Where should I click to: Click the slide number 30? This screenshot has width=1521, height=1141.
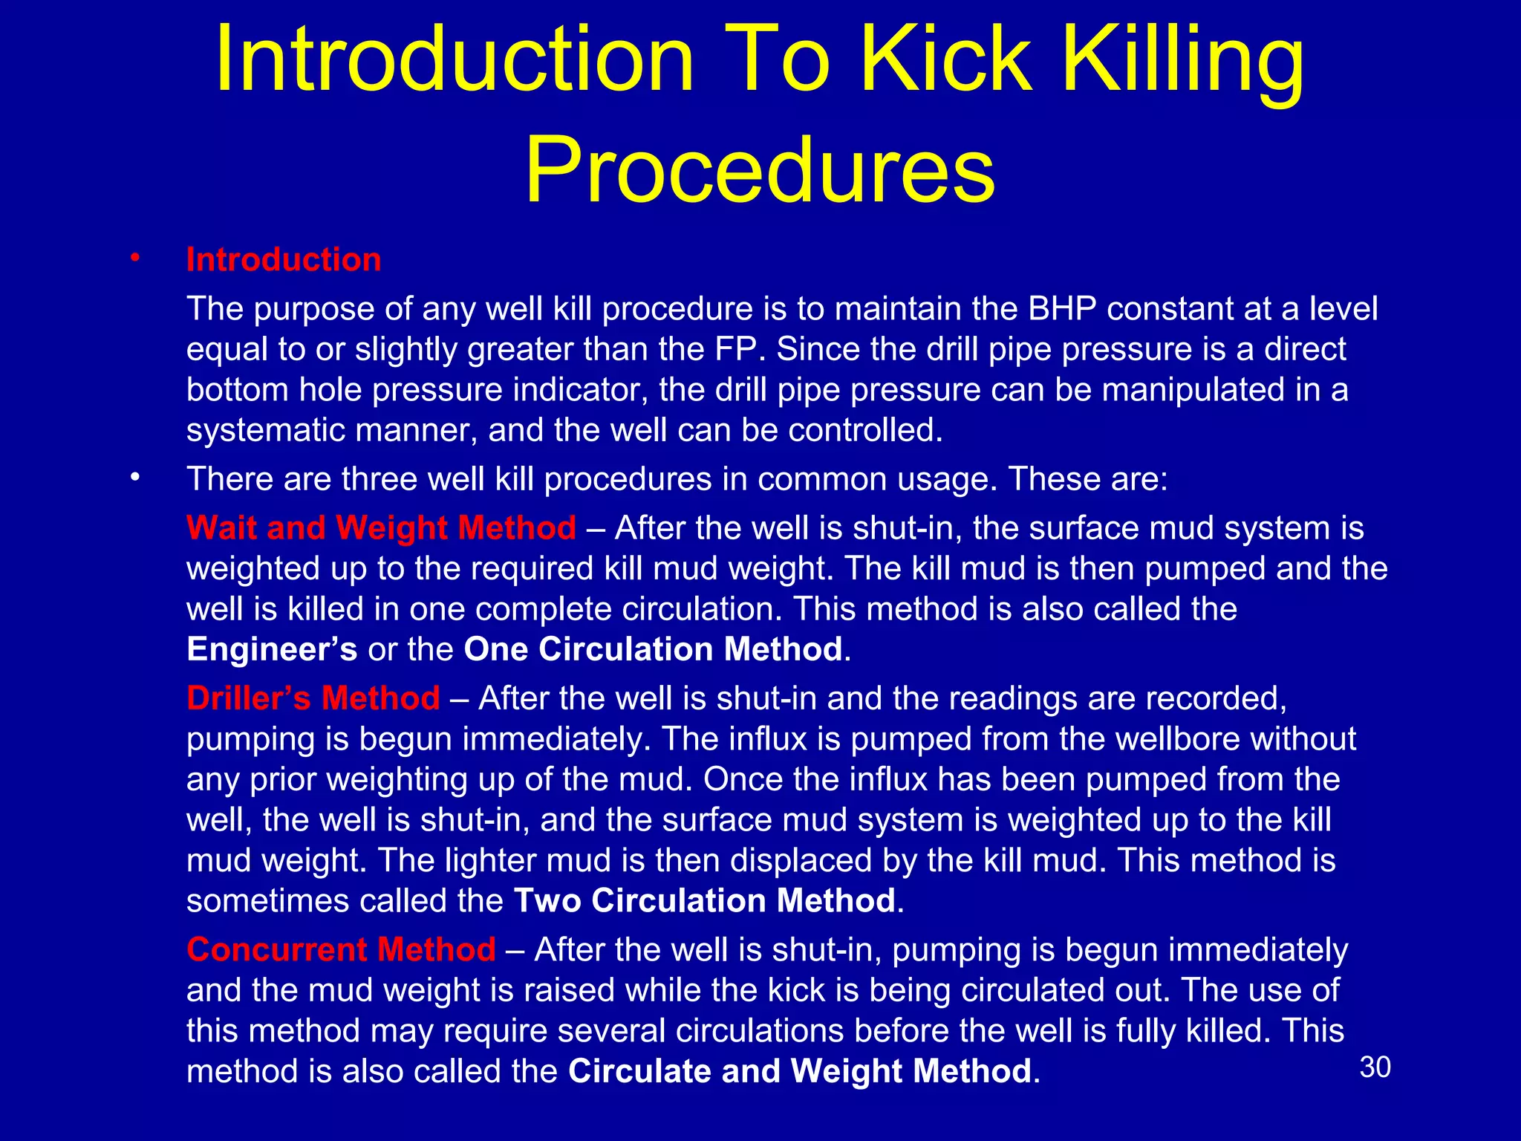tap(1375, 1067)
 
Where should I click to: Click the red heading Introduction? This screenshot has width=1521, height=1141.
tap(284, 260)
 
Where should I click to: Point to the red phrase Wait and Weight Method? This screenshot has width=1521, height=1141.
tap(381, 528)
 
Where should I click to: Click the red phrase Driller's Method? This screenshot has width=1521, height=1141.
tap(313, 698)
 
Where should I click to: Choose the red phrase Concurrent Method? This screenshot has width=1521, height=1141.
tap(341, 949)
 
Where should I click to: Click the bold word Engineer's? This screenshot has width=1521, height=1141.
tap(272, 649)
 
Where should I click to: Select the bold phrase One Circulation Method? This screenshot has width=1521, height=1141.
tap(654, 649)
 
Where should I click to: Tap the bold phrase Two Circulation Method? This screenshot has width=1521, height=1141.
tap(705, 901)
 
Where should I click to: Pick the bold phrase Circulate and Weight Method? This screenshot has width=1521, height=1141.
tap(800, 1071)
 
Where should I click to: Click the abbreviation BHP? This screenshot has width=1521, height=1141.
tap(1062, 309)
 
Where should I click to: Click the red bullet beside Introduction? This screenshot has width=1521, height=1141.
tap(134, 258)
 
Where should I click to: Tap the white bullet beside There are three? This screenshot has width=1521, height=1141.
tap(134, 478)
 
